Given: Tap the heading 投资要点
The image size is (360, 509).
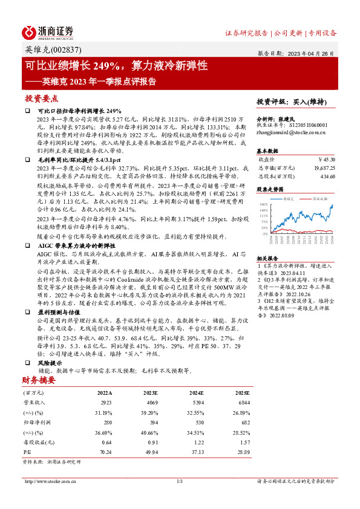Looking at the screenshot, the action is (42, 97).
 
